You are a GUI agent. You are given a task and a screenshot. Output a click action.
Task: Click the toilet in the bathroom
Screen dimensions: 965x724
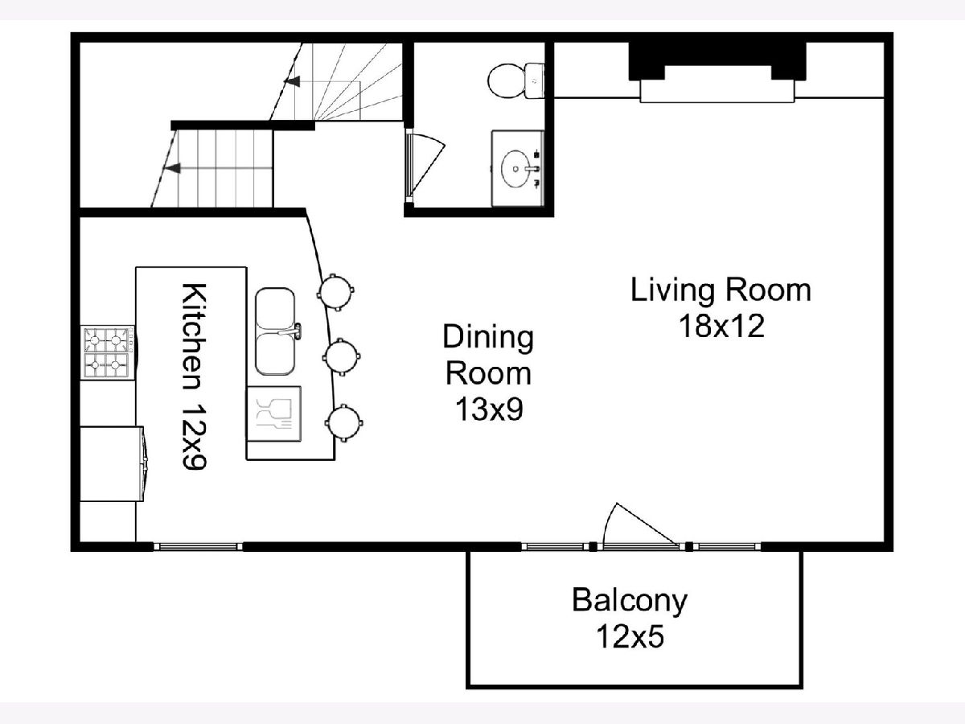[x=516, y=81]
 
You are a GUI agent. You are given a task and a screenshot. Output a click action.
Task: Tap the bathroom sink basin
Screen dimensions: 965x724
[x=515, y=169]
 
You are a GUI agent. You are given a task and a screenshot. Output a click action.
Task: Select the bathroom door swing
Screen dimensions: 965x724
[x=427, y=164]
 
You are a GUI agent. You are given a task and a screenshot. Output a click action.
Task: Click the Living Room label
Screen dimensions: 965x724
[x=721, y=290]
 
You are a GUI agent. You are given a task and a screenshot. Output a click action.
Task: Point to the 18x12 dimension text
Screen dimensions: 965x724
[x=721, y=327]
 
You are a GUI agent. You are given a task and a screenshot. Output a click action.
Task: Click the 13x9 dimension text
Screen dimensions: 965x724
[x=488, y=409]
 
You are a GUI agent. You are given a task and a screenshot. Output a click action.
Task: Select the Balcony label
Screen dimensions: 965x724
[x=629, y=601]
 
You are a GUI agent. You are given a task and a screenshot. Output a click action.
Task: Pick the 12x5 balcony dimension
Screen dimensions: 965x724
[x=630, y=637]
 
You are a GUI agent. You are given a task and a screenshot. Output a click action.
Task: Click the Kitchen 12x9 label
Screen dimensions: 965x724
[x=194, y=376]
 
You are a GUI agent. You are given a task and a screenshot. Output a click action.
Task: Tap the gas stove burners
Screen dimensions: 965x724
[x=107, y=352]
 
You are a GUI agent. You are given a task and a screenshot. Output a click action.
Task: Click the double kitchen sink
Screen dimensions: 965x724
[x=276, y=331]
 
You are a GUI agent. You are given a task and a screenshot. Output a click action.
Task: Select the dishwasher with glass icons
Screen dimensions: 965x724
[x=274, y=413]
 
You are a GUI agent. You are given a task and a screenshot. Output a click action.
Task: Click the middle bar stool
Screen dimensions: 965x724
[x=342, y=356]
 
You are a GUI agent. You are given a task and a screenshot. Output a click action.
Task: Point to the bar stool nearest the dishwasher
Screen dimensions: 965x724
[x=344, y=423]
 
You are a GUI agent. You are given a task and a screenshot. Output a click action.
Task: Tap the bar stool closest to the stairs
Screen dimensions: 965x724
[x=335, y=292]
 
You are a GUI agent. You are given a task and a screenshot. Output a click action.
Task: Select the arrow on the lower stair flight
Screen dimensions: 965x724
[x=172, y=168]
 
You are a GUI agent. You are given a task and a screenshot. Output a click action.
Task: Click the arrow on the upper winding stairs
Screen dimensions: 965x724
[x=292, y=81]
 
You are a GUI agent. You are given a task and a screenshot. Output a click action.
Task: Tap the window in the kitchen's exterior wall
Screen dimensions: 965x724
[x=198, y=547]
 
